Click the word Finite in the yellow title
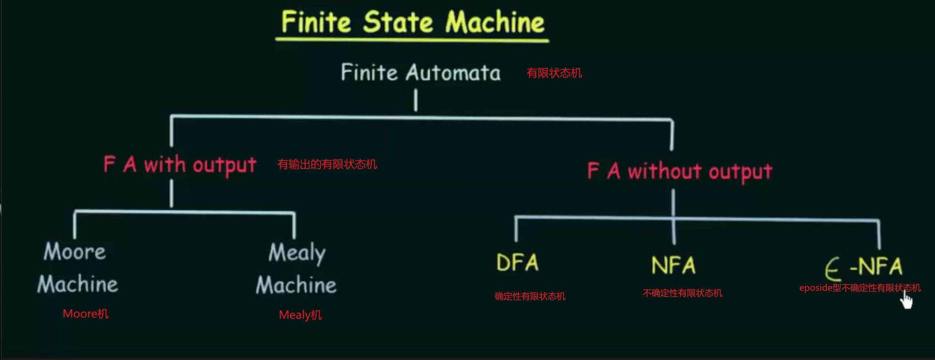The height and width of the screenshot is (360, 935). pyautogui.click(x=316, y=22)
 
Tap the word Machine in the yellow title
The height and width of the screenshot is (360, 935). pyautogui.click(x=495, y=22)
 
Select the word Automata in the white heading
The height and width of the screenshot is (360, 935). pyautogui.click(x=453, y=73)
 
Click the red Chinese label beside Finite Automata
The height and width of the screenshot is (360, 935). pyautogui.click(x=554, y=73)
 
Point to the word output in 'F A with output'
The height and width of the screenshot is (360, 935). pyautogui.click(x=224, y=165)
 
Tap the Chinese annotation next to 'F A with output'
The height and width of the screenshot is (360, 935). pyautogui.click(x=327, y=164)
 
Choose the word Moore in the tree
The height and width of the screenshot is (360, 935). pyautogui.click(x=74, y=252)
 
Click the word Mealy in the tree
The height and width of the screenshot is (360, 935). pyautogui.click(x=297, y=253)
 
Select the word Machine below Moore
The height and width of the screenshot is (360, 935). pyautogui.click(x=78, y=284)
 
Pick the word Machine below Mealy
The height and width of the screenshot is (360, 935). pyautogui.click(x=296, y=285)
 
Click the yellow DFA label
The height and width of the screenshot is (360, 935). pyautogui.click(x=517, y=263)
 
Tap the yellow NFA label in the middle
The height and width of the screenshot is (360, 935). pyautogui.click(x=673, y=265)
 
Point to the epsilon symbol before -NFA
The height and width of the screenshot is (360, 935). pyautogui.click(x=833, y=270)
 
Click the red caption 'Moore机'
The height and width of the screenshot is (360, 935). pyautogui.click(x=86, y=314)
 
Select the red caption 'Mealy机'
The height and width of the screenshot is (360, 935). pyautogui.click(x=300, y=315)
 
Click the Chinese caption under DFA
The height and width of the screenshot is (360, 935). pyautogui.click(x=530, y=296)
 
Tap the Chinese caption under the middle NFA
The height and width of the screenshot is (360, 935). pyautogui.click(x=682, y=293)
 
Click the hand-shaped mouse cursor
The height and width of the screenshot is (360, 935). pyautogui.click(x=906, y=300)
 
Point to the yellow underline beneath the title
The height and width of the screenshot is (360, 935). pyautogui.click(x=412, y=40)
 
